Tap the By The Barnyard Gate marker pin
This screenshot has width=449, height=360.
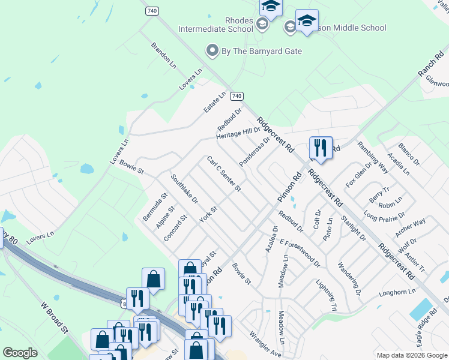tap(212, 51)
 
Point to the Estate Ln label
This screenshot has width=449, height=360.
tap(214, 102)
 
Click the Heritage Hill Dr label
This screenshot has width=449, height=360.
tap(238, 133)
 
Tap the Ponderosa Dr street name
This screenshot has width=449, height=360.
tap(255, 152)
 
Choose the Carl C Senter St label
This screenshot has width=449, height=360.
tap(223, 175)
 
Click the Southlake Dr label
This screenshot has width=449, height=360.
tap(184, 188)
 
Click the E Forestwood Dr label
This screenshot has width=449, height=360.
tap(300, 251)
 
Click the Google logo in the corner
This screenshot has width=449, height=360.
tap(20, 353)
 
